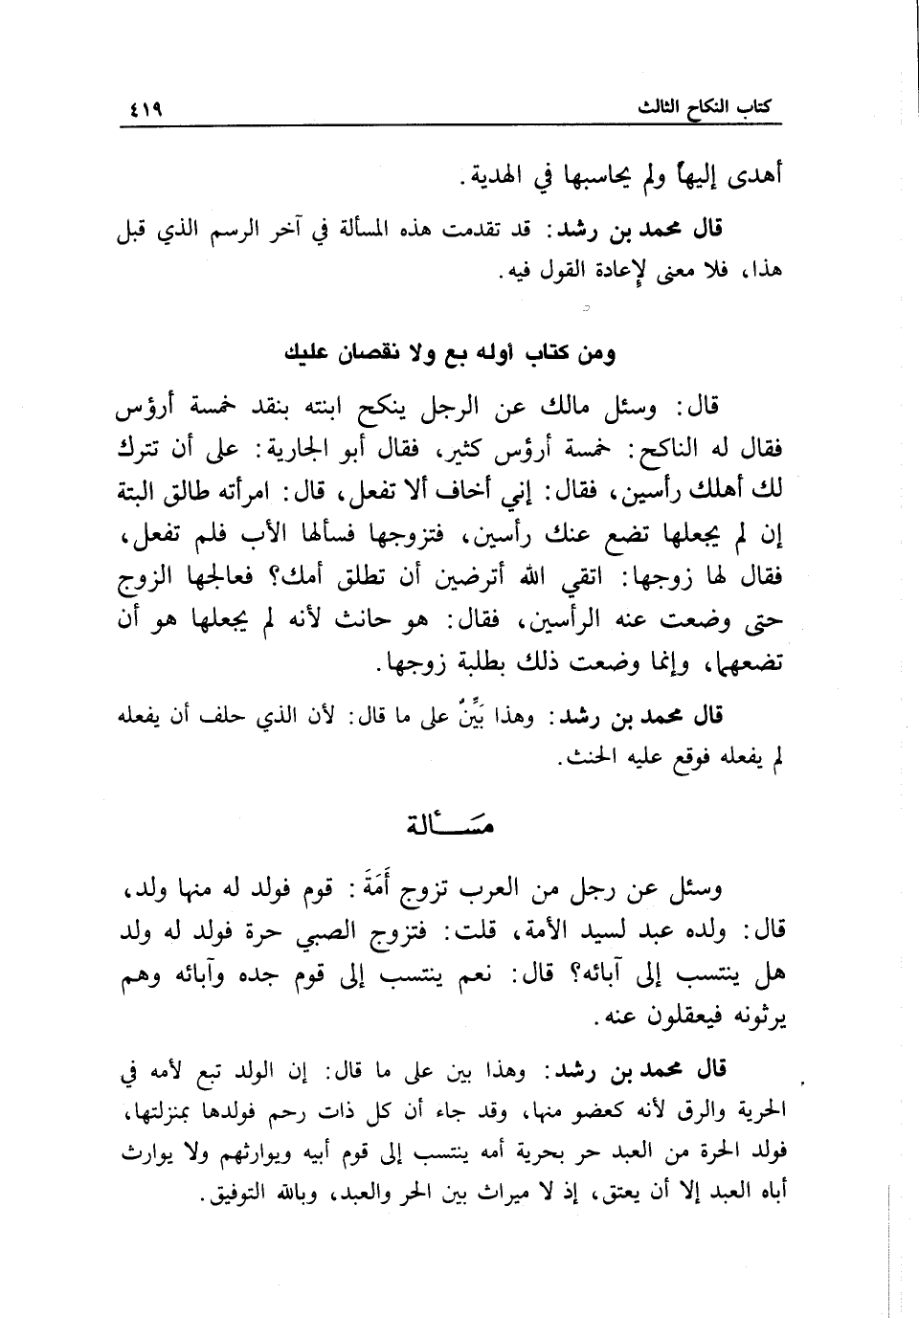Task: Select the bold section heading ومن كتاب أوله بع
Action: pyautogui.click(x=450, y=353)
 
